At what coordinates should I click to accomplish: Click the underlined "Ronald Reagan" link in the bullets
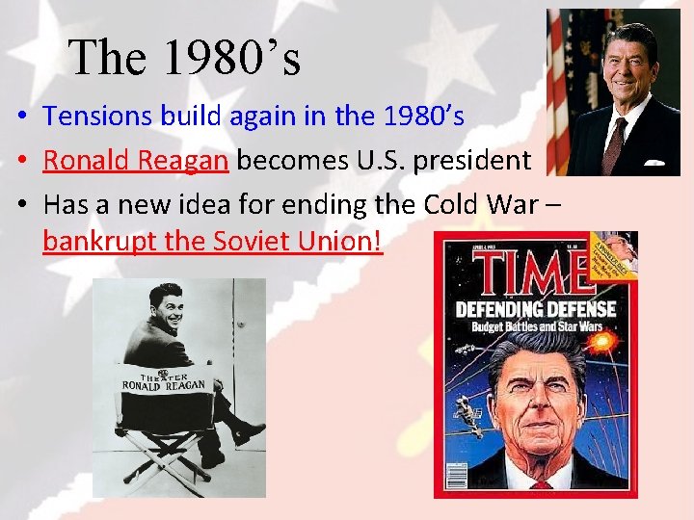(x=136, y=161)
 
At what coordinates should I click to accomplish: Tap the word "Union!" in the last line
(x=342, y=241)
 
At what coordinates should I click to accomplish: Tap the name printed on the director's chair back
(x=164, y=384)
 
